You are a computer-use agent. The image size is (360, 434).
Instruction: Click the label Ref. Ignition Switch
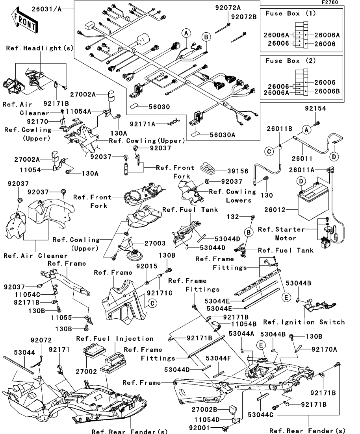[x=304, y=322]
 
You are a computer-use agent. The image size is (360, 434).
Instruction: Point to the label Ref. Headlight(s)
[x=40, y=48]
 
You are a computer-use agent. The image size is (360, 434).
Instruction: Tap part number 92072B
[x=244, y=17]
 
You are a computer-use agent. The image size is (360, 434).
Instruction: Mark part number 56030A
[x=222, y=135]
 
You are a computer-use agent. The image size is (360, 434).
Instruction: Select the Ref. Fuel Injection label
[x=115, y=339]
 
